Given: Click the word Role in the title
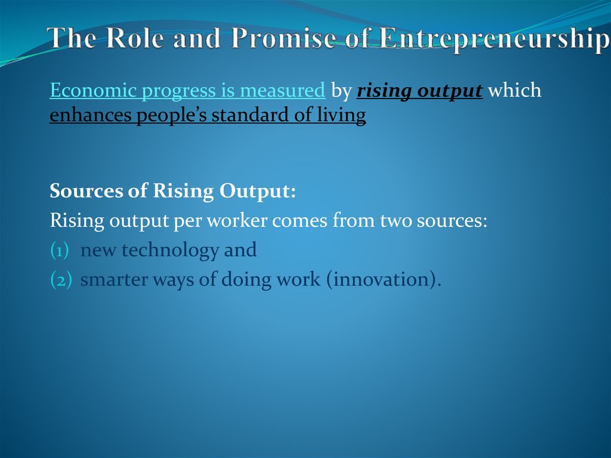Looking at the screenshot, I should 132,39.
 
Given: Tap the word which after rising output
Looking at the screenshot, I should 514,91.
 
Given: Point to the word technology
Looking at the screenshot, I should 169,251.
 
